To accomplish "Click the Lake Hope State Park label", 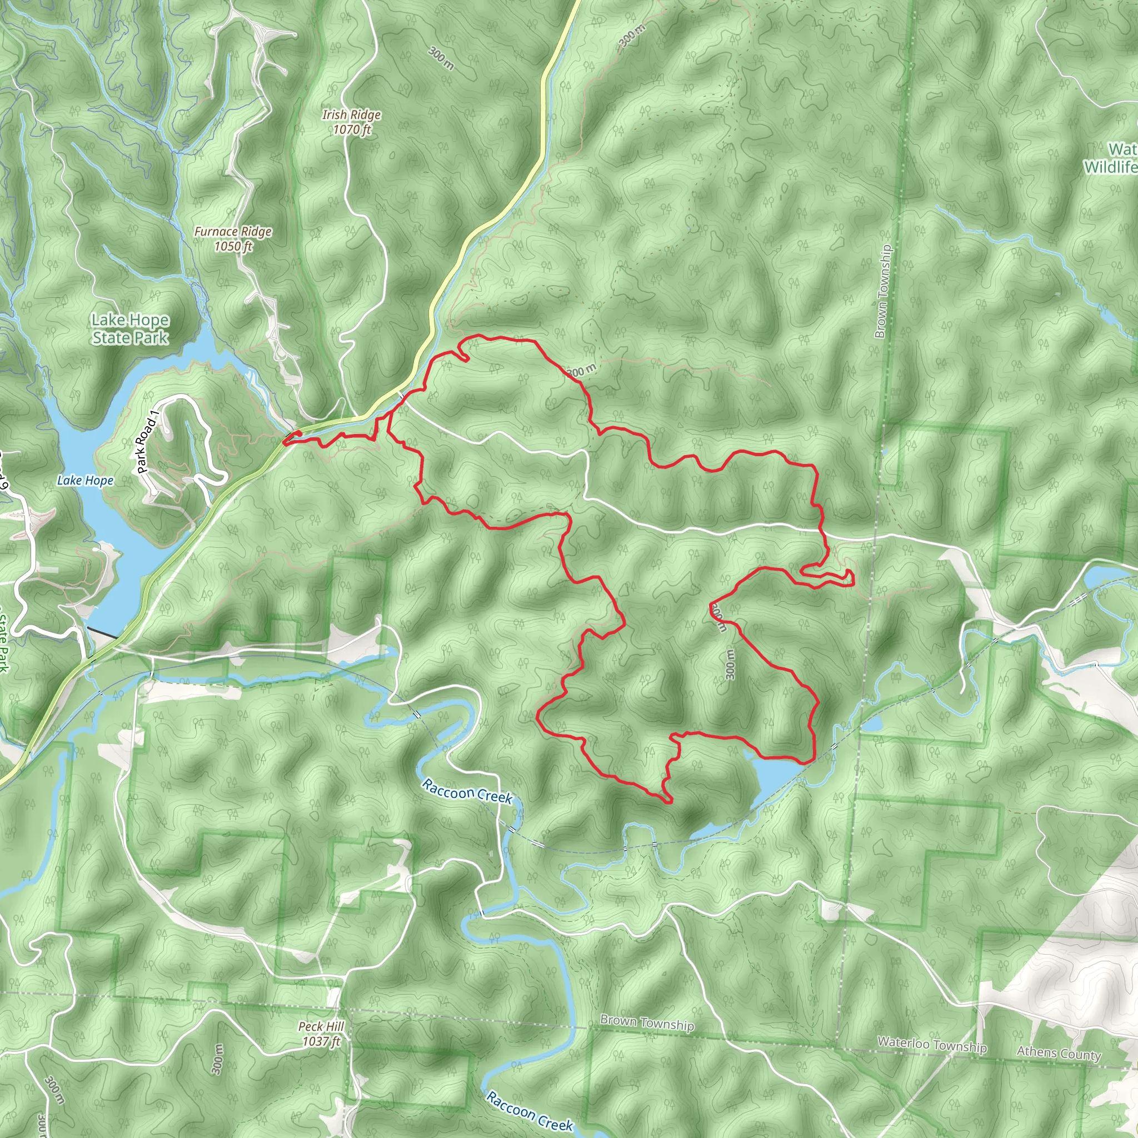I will pos(130,329).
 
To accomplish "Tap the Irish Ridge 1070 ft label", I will pos(351,122).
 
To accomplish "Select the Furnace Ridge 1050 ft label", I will pos(233,238).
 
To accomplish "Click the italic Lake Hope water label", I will pos(86,481).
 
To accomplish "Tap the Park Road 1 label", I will pos(147,442).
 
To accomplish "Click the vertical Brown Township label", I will pos(883,292).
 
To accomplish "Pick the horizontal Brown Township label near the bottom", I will pos(647,1023).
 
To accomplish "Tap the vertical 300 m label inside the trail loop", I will pos(730,664).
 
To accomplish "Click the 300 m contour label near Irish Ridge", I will pos(441,58).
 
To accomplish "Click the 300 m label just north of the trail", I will pos(582,371).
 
